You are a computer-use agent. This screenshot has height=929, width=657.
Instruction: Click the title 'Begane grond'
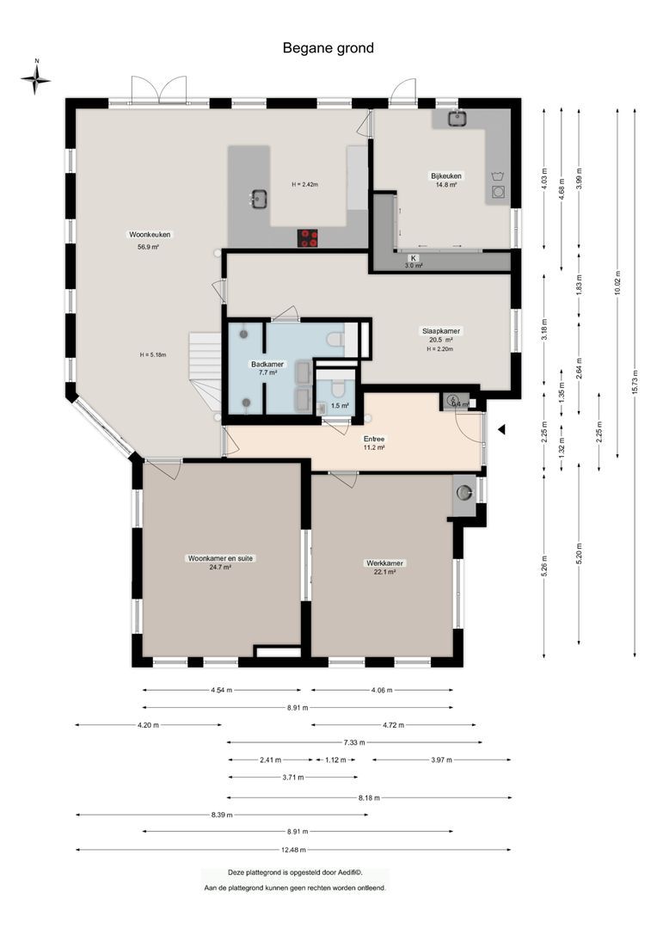pyautogui.click(x=328, y=48)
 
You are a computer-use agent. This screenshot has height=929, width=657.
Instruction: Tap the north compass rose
pyautogui.click(x=36, y=79)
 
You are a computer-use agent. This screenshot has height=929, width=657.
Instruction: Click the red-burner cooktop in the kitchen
pyautogui.click(x=308, y=237)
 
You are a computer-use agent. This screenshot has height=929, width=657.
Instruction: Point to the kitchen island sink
pyautogui.click(x=257, y=200)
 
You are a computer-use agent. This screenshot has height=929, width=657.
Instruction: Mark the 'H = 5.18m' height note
pyautogui.click(x=152, y=354)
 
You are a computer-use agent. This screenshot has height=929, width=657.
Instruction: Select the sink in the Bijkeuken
pyautogui.click(x=455, y=119)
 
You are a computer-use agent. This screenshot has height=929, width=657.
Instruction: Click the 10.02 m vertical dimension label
pyautogui.click(x=617, y=284)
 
